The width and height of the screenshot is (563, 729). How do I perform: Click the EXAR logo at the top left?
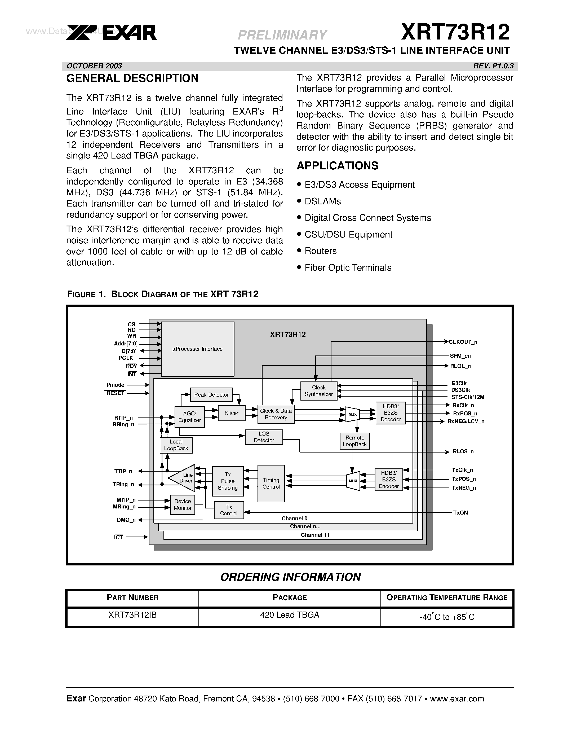click(111, 33)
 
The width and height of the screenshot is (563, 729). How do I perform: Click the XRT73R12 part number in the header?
click(455, 32)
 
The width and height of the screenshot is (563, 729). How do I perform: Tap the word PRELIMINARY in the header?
click(282, 35)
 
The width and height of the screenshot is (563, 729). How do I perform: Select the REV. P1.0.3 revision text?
click(493, 66)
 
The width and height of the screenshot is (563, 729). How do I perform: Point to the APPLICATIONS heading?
click(337, 166)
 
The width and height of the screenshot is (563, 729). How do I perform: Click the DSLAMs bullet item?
click(322, 201)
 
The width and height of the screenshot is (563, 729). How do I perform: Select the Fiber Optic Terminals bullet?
click(348, 267)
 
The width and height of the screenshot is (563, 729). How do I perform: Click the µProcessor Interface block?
click(197, 349)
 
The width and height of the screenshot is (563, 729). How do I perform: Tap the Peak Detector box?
click(211, 394)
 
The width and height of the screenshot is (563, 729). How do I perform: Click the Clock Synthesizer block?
click(318, 391)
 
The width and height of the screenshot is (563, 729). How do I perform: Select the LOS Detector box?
click(264, 437)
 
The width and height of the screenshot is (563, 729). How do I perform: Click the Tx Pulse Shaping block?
click(228, 481)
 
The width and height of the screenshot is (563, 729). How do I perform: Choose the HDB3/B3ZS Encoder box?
click(389, 480)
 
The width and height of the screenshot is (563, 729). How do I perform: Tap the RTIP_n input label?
click(123, 418)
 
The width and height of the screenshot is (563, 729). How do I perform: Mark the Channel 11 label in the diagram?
click(315, 535)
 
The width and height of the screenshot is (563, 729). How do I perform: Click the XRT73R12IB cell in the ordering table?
click(132, 614)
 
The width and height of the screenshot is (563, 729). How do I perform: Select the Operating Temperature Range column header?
click(447, 598)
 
